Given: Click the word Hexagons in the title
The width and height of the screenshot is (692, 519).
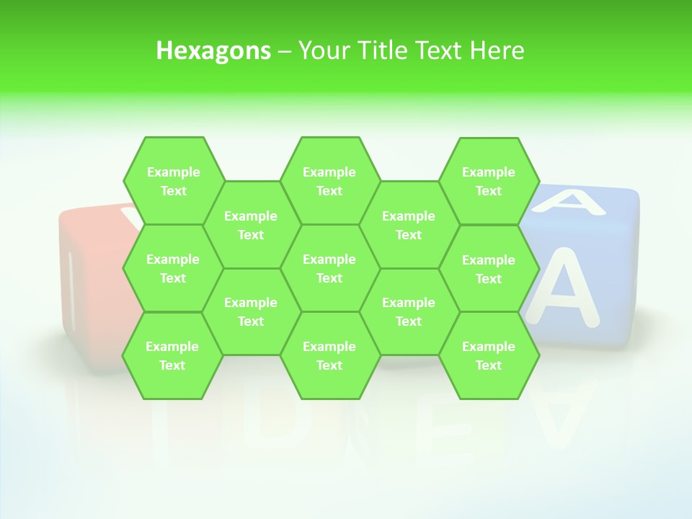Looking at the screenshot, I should pyautogui.click(x=213, y=50).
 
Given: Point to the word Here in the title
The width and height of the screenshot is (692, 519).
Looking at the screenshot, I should pyautogui.click(x=497, y=50).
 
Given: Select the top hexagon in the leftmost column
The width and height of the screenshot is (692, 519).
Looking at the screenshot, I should pyautogui.click(x=173, y=181).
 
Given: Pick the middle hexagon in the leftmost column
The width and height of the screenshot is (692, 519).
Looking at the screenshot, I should pyautogui.click(x=173, y=268).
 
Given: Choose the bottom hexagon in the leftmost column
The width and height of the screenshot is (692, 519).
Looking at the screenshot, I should pyautogui.click(x=172, y=355).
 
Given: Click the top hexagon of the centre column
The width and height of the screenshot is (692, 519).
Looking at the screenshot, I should pyautogui.click(x=329, y=181).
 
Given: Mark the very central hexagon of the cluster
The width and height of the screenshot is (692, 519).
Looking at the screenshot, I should pyautogui.click(x=329, y=268).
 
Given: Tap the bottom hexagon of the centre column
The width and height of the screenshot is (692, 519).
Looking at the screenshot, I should pyautogui.click(x=329, y=355).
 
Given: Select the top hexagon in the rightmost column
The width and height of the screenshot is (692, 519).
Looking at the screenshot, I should pyautogui.click(x=489, y=181).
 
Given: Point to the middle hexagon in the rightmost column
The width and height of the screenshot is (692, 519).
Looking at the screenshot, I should pyautogui.click(x=489, y=269).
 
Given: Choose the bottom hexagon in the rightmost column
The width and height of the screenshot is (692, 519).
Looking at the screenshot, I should pyautogui.click(x=489, y=355).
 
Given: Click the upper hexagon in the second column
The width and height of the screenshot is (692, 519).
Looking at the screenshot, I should pyautogui.click(x=251, y=225).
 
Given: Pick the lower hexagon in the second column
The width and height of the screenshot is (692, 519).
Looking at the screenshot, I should pyautogui.click(x=251, y=311).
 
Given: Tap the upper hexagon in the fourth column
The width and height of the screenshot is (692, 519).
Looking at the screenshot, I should pyautogui.click(x=409, y=225).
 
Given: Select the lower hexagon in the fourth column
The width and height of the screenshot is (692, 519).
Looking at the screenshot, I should pyautogui.click(x=409, y=311).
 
